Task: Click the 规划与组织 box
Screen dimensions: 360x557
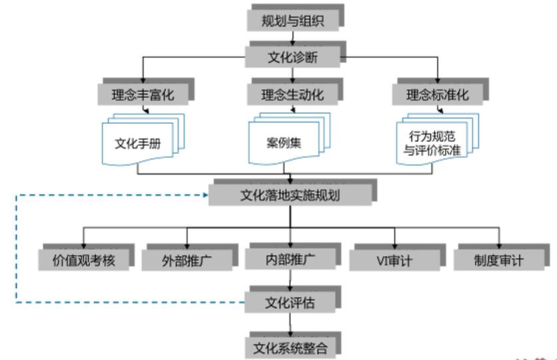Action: [x=293, y=21]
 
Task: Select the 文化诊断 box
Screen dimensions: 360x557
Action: [x=293, y=57]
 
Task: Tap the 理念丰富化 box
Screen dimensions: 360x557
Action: [x=142, y=94]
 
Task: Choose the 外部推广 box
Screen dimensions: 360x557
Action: [x=187, y=260]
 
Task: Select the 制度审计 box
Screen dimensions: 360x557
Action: [x=498, y=260]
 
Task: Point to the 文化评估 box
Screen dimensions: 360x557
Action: [x=290, y=303]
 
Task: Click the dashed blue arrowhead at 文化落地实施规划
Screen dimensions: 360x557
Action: [x=206, y=195]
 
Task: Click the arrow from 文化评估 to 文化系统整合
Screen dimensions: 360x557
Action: [x=290, y=324]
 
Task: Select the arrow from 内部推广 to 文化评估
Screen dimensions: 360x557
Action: [x=290, y=280]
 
